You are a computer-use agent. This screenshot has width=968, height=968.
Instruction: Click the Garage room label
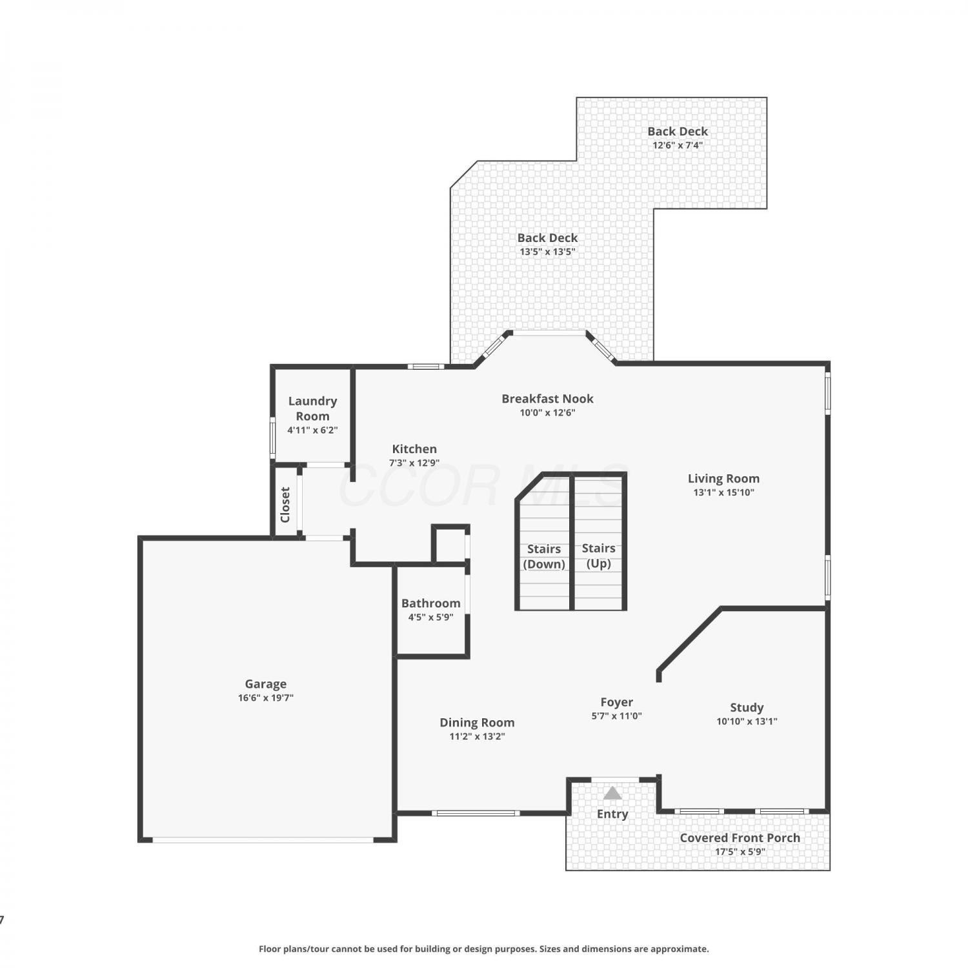click(265, 683)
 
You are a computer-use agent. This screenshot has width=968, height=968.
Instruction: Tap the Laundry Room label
click(312, 408)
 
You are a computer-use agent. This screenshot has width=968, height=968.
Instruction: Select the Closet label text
click(285, 505)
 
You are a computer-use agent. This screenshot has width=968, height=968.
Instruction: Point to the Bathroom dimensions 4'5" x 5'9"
click(430, 617)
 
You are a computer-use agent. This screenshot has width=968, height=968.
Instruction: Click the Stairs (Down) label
click(544, 556)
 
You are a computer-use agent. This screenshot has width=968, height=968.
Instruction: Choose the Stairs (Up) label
click(598, 556)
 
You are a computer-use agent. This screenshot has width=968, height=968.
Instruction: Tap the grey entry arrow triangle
click(612, 793)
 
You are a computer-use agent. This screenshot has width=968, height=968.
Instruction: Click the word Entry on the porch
click(612, 814)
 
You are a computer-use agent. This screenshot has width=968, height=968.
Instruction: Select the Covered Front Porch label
click(740, 838)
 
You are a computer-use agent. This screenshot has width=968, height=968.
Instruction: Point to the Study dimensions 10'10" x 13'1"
click(747, 721)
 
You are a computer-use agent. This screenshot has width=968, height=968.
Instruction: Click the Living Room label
click(723, 478)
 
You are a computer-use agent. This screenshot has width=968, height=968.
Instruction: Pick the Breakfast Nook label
click(547, 399)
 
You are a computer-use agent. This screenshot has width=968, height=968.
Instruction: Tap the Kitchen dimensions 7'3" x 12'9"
click(414, 463)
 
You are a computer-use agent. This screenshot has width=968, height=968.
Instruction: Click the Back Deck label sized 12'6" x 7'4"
click(678, 131)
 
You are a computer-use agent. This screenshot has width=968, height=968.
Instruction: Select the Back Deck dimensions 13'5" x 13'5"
click(547, 252)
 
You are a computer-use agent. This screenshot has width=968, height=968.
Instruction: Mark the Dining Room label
click(477, 723)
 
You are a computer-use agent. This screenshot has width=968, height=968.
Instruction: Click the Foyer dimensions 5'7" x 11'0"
click(616, 716)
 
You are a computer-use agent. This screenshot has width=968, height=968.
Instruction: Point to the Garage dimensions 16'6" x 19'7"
click(265, 698)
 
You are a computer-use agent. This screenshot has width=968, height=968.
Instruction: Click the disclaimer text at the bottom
click(483, 949)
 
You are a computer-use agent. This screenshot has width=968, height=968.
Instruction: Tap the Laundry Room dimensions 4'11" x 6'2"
click(312, 430)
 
